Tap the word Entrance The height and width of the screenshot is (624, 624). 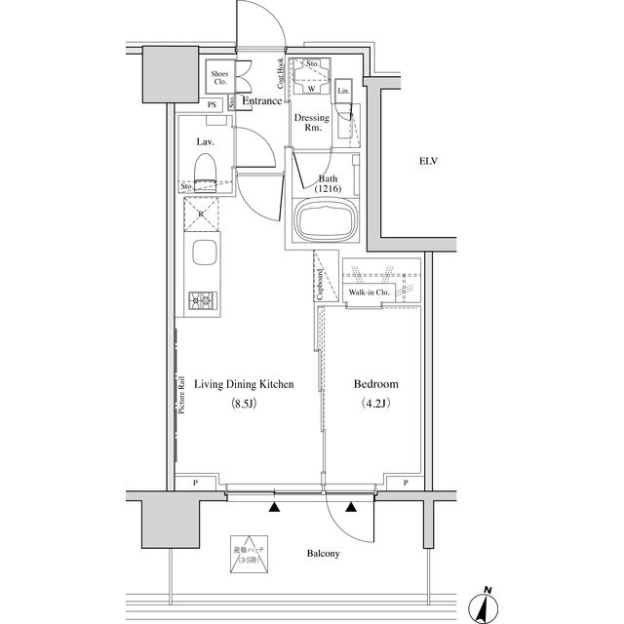point(261,100)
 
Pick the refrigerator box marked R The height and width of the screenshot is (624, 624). point(202,213)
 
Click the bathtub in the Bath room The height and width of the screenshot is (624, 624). point(326,223)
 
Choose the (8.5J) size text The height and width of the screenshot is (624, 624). point(243,403)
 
